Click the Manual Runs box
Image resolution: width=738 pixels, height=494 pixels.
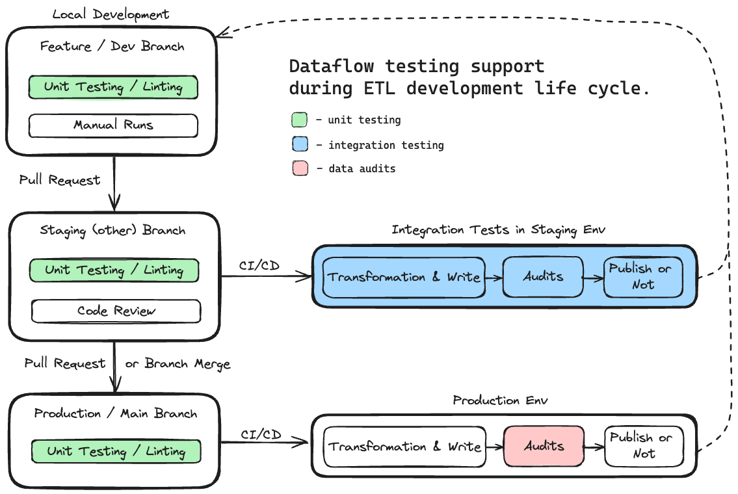[x=113, y=125]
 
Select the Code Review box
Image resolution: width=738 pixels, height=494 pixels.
[x=116, y=311]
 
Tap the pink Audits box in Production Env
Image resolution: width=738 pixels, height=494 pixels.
[x=544, y=446]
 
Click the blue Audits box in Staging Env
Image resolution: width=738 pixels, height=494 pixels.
[x=544, y=277]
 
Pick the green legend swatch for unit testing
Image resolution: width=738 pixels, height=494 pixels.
[x=299, y=120]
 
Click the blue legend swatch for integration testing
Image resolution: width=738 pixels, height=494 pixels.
[x=299, y=145]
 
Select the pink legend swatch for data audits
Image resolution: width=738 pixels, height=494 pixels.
[x=299, y=169]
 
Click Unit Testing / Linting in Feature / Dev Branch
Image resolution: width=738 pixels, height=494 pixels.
[x=113, y=87]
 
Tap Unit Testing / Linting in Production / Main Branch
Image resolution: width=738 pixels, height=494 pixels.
[x=116, y=451]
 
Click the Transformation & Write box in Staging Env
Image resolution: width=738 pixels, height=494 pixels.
[x=404, y=277]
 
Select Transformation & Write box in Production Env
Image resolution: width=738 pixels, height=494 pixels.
[x=404, y=447]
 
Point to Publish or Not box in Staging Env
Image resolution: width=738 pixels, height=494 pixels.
[x=642, y=277]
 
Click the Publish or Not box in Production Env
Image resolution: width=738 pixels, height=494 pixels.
[x=643, y=446]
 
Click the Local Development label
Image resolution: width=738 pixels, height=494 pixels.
[x=111, y=14]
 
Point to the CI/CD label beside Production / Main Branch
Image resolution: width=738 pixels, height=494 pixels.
[x=261, y=435]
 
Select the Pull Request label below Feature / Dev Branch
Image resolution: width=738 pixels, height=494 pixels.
[x=60, y=180]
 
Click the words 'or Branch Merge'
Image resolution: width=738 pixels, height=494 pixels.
[x=178, y=363]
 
